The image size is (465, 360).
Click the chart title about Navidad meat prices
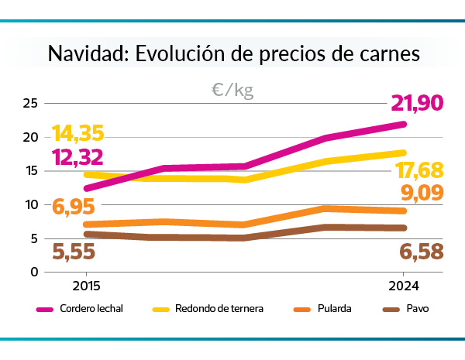coord(233,54)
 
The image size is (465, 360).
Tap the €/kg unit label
coord(232,91)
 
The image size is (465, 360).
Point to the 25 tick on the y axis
coord(31,103)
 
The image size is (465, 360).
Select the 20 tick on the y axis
coord(31,137)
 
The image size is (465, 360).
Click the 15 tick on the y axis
coord(31,171)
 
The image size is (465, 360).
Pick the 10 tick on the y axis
coord(31,204)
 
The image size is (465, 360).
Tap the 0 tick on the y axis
coord(35,272)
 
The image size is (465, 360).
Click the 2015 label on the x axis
coord(86,285)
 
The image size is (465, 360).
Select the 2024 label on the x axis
coord(403,285)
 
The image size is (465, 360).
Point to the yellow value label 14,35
coord(77,133)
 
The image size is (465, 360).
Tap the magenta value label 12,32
coord(77,158)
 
